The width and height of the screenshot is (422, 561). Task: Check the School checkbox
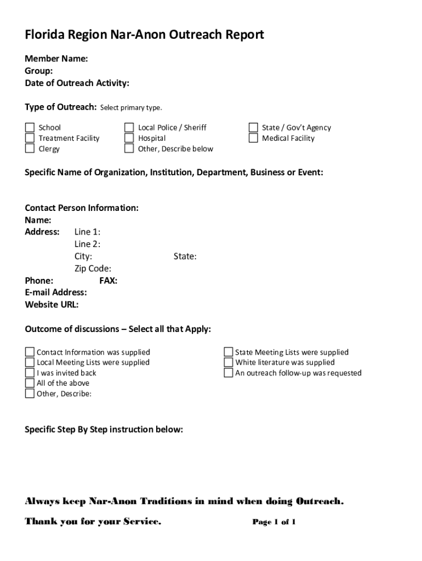30,128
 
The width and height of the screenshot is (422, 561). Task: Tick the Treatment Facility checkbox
30,138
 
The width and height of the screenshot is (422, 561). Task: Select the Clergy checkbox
30,148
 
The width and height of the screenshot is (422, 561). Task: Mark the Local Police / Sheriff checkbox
129,128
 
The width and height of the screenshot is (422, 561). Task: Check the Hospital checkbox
129,138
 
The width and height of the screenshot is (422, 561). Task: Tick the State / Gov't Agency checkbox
253,128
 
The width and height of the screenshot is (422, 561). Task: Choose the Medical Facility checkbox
253,138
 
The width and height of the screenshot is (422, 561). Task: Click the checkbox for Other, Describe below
129,148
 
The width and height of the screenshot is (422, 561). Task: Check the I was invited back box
30,373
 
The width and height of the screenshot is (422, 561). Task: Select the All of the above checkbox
30,383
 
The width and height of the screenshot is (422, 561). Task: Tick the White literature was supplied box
229,362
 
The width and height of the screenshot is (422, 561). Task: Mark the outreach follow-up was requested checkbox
229,373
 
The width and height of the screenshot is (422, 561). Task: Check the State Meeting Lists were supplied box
229,352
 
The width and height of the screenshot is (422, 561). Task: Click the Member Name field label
56,59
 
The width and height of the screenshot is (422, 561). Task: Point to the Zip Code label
93,268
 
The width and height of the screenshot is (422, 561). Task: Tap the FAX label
108,280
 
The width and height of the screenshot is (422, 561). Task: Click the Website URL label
52,305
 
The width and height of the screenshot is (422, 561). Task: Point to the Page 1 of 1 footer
274,522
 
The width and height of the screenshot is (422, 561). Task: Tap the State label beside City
185,256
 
